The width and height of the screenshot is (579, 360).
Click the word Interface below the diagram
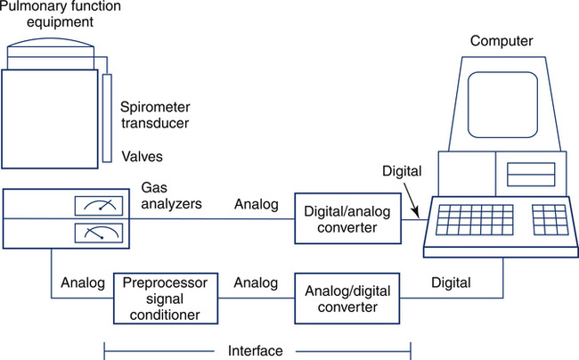point(257,351)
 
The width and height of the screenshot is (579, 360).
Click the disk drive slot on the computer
point(531,173)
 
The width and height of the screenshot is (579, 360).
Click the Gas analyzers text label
point(170,196)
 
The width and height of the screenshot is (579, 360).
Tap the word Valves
point(142,157)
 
